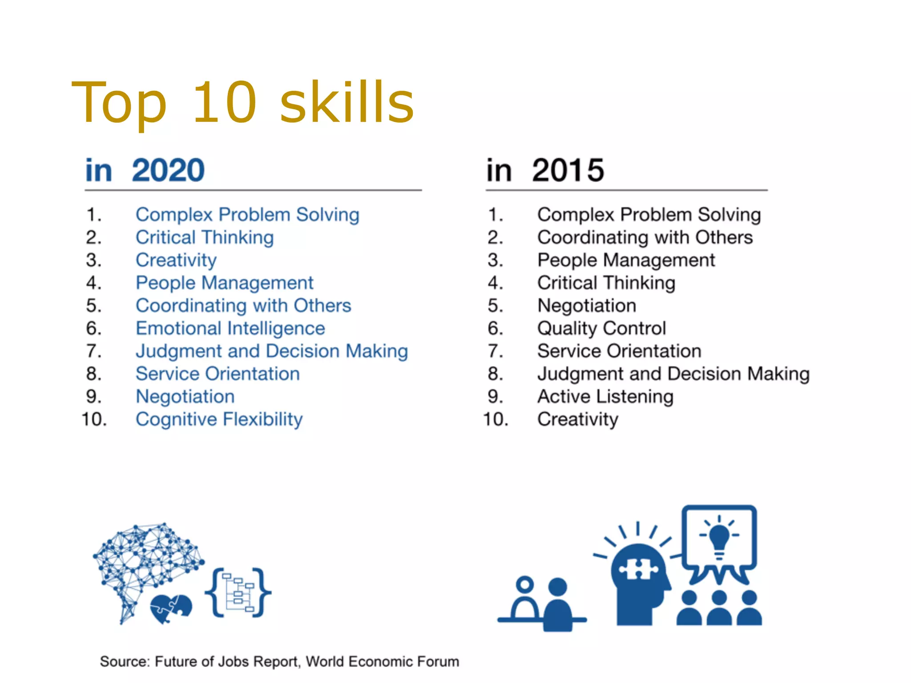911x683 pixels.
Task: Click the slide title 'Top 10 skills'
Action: pos(243,103)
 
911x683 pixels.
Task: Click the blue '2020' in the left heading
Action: pos(168,170)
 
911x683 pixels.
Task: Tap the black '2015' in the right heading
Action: pos(568,170)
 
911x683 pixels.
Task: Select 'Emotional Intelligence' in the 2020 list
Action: pos(230,329)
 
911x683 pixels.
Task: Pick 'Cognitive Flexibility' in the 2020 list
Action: pos(219,419)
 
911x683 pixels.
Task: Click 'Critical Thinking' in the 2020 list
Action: pos(205,237)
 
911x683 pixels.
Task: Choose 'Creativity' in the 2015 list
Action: pos(577,419)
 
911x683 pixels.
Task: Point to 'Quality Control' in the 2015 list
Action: pos(601,329)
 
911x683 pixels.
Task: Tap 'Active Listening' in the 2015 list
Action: pos(605,397)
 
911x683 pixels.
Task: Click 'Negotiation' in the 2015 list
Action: pos(586,306)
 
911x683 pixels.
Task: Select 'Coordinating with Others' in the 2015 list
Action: pos(645,237)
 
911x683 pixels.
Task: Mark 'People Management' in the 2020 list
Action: pos(224,283)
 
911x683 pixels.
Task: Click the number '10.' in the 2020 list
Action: pos(94,419)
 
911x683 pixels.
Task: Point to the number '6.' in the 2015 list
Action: pos(496,329)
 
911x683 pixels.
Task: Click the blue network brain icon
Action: pos(142,560)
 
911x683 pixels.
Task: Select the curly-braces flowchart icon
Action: pos(238,593)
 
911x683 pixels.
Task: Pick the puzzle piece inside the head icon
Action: pos(639,569)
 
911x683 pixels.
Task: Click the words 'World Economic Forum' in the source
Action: pos(382,662)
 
